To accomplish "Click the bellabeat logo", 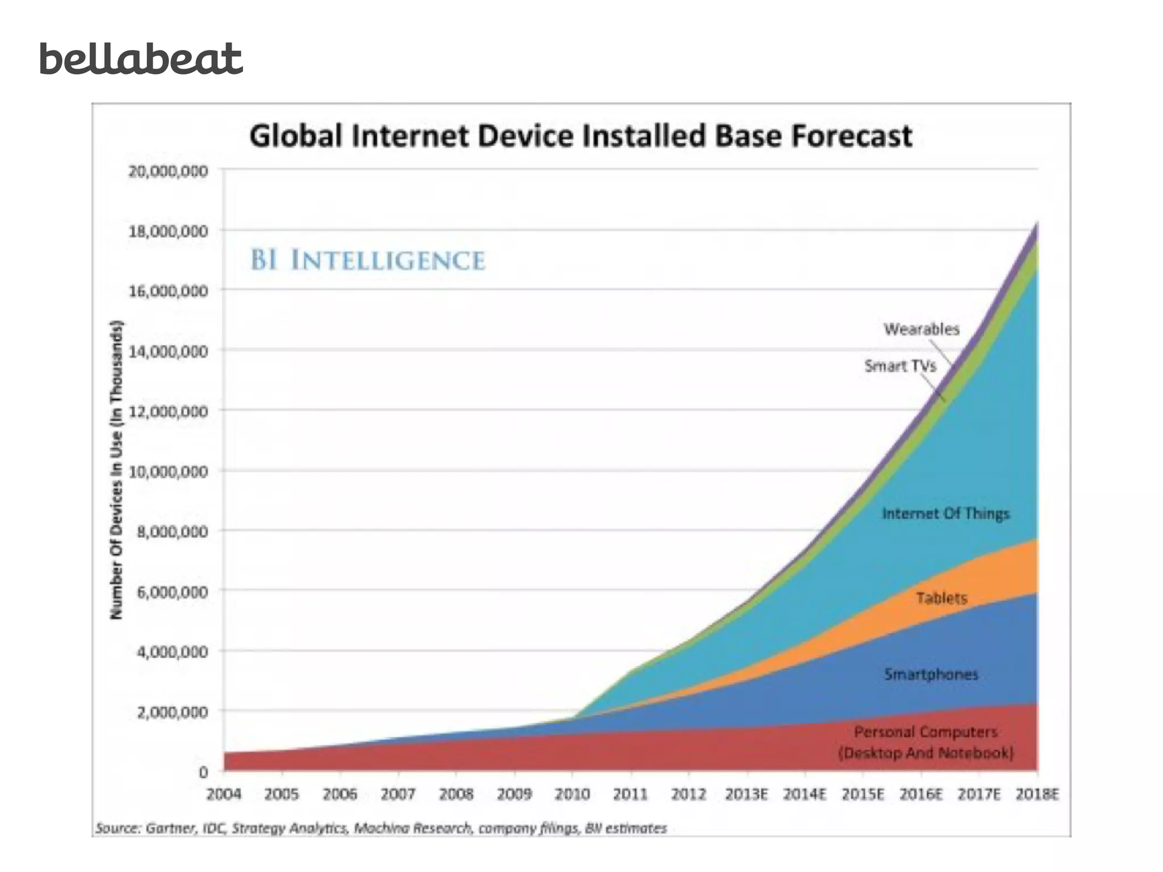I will tap(141, 59).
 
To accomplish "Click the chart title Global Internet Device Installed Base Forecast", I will tap(580, 137).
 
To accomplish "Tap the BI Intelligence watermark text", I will tap(368, 261).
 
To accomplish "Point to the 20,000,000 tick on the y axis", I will tap(168, 171).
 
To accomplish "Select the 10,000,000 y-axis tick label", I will tap(168, 471).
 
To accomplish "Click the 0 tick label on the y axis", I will tap(203, 772).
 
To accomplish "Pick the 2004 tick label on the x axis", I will tap(223, 794).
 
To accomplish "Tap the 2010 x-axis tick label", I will tap(572, 794).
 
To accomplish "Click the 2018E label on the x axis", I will tap(1037, 794).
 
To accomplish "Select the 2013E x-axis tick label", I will tap(746, 794).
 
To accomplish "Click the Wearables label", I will tap(921, 329).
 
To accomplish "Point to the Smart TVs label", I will tap(900, 366).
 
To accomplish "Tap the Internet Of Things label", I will tap(946, 514).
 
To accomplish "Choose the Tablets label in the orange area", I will tap(942, 598).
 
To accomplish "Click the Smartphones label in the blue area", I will tap(931, 674).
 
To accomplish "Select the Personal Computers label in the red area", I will tap(926, 742).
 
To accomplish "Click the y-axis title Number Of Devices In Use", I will tap(116, 470).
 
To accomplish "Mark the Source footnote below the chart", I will tap(380, 828).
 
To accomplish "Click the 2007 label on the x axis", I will tap(398, 794).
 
